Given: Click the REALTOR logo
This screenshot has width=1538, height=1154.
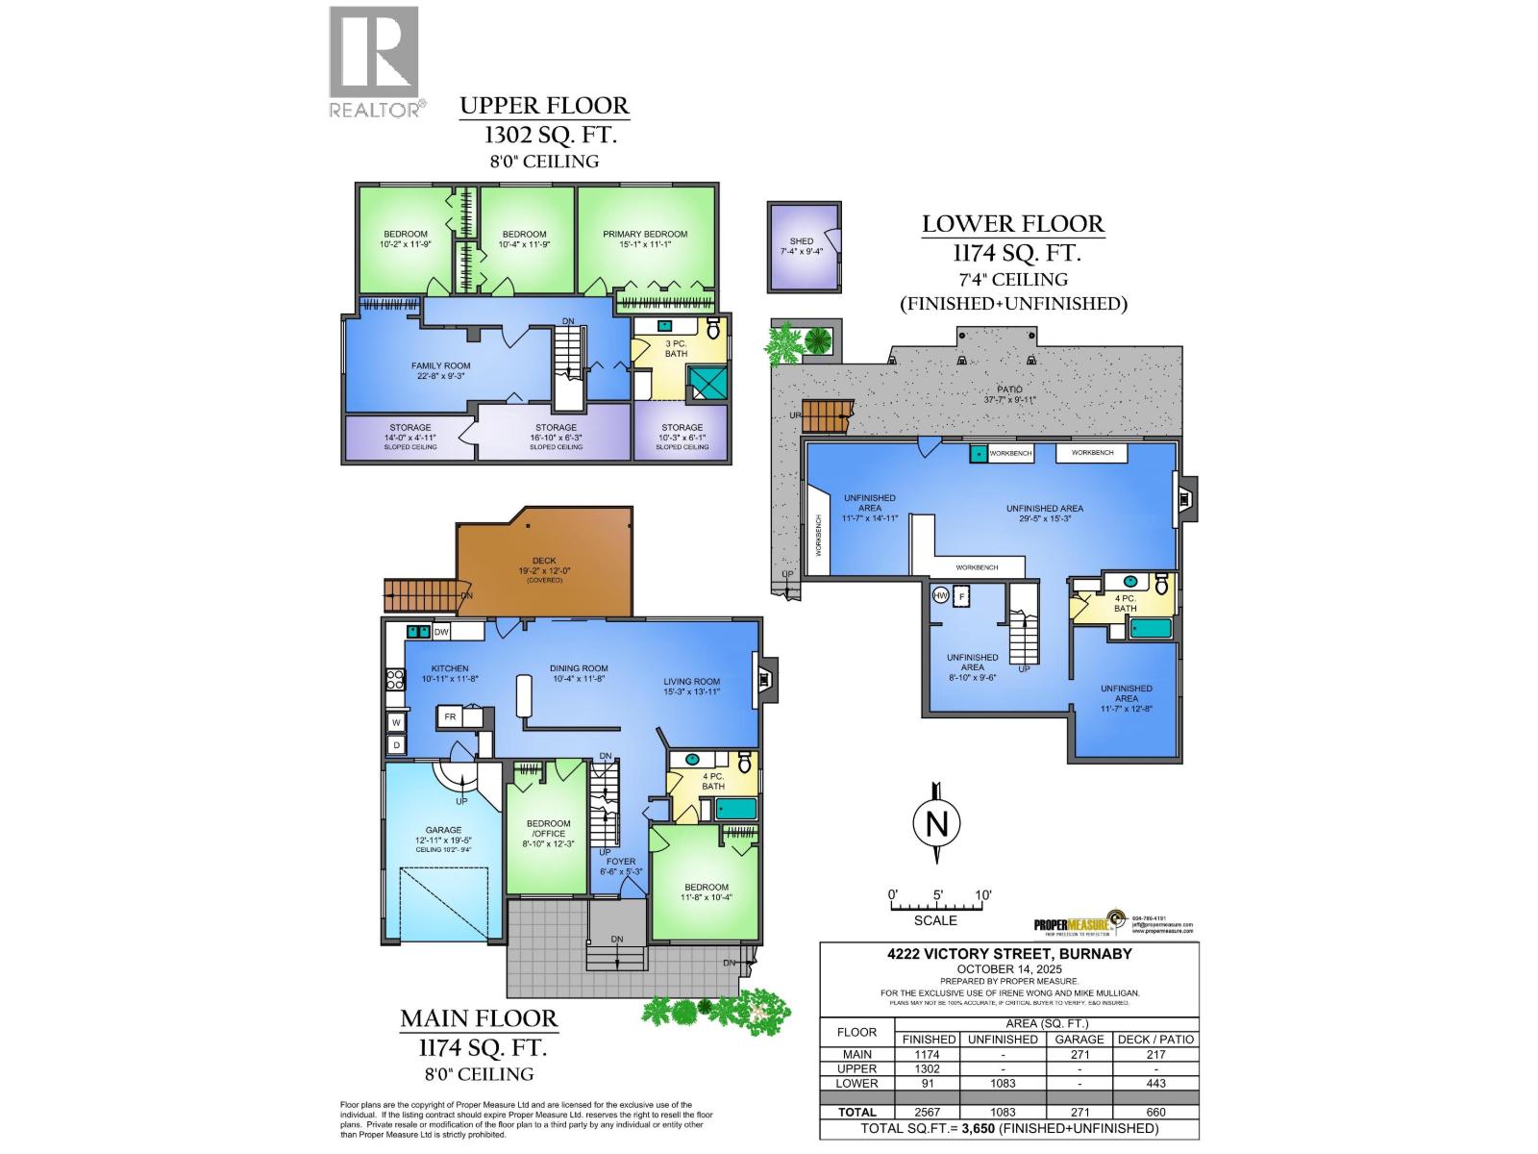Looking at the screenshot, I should click(x=375, y=63).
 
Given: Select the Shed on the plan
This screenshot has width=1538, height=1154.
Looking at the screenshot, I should click(x=804, y=247).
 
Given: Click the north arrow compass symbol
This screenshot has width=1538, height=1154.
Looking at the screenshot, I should click(x=936, y=824).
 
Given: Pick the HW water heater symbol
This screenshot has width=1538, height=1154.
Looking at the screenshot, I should click(x=940, y=596).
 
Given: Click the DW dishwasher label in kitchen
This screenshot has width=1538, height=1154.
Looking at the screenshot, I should click(x=441, y=632).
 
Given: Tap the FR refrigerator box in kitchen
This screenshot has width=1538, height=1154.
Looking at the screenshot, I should click(x=449, y=716).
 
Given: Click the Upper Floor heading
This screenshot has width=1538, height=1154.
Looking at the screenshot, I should click(x=544, y=106).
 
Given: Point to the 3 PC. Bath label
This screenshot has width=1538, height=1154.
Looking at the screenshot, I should click(x=676, y=348).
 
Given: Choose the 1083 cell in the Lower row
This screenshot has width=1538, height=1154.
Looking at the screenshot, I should click(x=1002, y=1083).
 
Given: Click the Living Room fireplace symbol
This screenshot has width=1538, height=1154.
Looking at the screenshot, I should click(x=766, y=680).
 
